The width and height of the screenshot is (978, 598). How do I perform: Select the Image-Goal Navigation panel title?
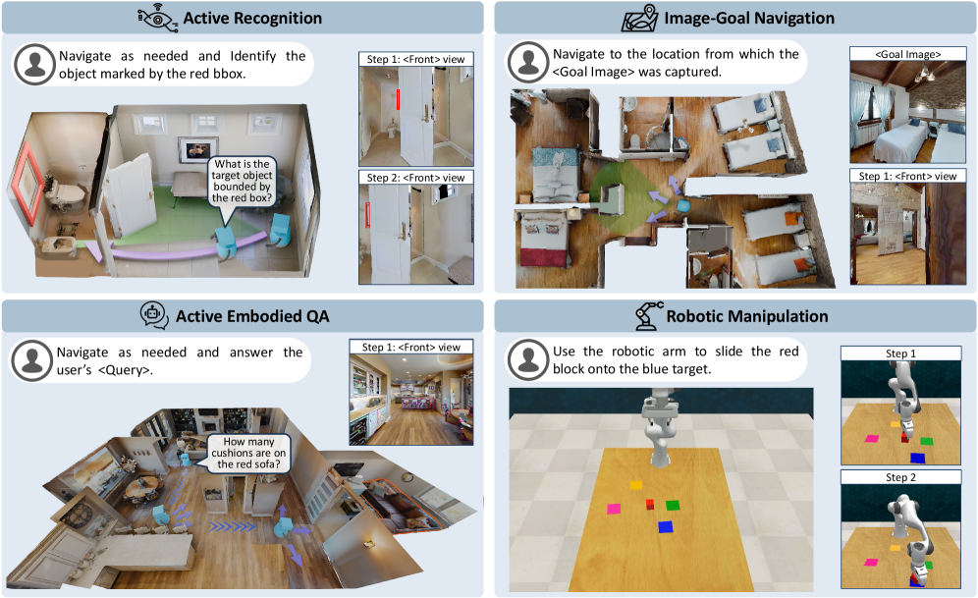point(754,18)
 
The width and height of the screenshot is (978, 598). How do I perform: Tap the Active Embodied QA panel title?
point(253,315)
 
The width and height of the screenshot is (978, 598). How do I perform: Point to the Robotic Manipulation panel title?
point(746,316)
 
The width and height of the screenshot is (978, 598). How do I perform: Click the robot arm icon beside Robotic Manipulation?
point(646,315)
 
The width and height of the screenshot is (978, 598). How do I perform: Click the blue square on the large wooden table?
point(666,526)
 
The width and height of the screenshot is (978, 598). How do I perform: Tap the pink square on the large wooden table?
point(614,509)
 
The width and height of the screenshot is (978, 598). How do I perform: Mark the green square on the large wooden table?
point(673,505)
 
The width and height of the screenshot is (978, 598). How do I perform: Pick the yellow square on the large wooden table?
point(636,484)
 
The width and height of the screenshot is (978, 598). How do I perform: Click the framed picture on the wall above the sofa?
point(192,150)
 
